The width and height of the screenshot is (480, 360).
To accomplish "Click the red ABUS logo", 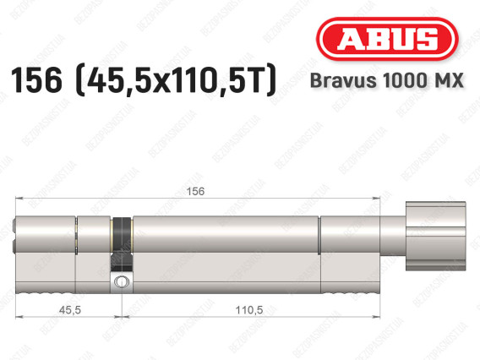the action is pyautogui.click(x=387, y=39).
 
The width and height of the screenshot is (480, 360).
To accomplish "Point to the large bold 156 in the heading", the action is pyautogui.click(x=36, y=80).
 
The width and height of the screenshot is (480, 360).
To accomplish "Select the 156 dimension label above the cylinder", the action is pyautogui.click(x=195, y=191).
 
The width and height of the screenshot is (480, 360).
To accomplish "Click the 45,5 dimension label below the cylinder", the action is pyautogui.click(x=70, y=310).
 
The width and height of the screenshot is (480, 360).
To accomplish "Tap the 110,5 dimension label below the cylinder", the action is pyautogui.click(x=249, y=310).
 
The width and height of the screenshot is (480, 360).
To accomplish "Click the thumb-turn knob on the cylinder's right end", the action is pyautogui.click(x=435, y=236).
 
